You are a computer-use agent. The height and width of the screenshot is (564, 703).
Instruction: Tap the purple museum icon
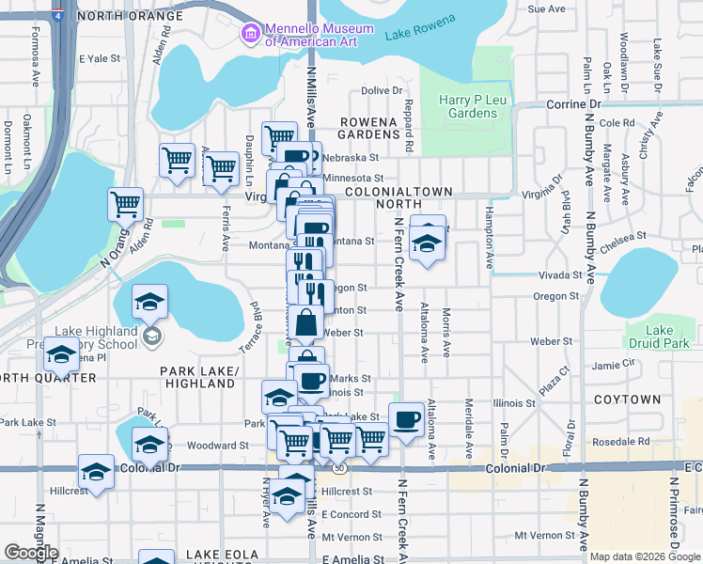(251, 35)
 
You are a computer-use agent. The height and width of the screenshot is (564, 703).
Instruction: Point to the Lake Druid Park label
(660, 337)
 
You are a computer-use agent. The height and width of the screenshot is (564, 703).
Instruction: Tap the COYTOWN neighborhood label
(627, 399)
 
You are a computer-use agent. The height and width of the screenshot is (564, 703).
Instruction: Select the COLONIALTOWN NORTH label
(400, 197)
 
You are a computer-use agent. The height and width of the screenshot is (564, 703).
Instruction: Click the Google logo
(31, 552)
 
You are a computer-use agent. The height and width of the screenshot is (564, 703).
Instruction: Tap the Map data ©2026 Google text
(645, 556)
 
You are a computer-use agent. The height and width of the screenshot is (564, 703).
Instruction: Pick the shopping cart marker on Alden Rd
(125, 202)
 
